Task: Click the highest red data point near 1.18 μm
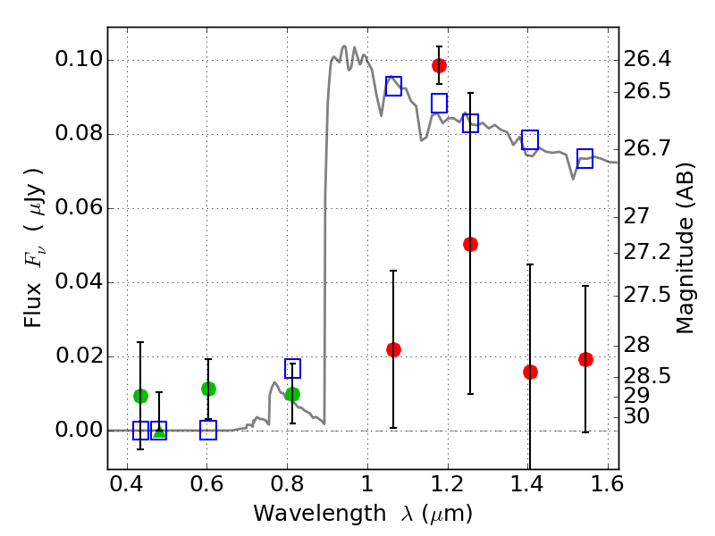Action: [x=439, y=65]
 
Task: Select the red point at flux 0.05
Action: [x=470, y=244]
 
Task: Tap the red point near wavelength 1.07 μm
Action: [x=393, y=349]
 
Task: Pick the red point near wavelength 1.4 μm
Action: [x=530, y=372]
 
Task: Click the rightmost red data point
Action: [x=585, y=359]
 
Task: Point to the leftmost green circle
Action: [x=140, y=396]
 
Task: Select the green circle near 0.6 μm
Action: [x=208, y=389]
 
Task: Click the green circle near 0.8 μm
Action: [x=292, y=394]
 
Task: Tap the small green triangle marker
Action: [x=159, y=432]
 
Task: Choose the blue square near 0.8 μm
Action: [x=292, y=368]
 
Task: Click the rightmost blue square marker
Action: [x=585, y=159]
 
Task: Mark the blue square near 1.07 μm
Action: [x=393, y=86]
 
